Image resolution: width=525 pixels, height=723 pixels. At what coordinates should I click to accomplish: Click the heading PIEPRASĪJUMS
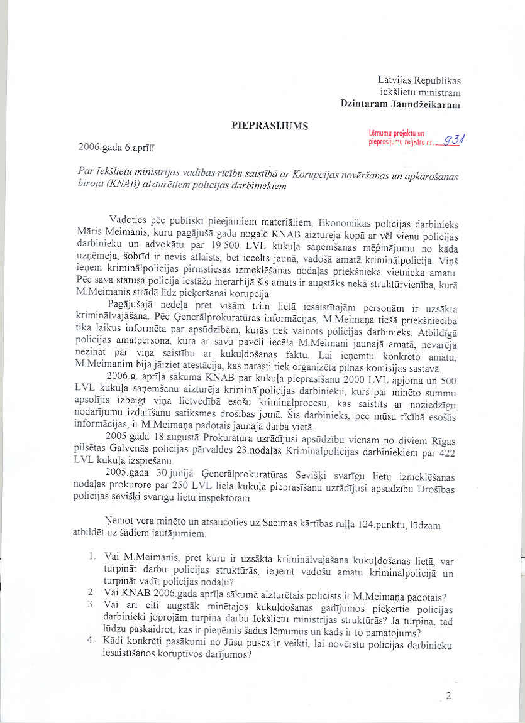(270, 126)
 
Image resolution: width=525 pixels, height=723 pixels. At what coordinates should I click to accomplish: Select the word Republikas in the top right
(437, 80)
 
